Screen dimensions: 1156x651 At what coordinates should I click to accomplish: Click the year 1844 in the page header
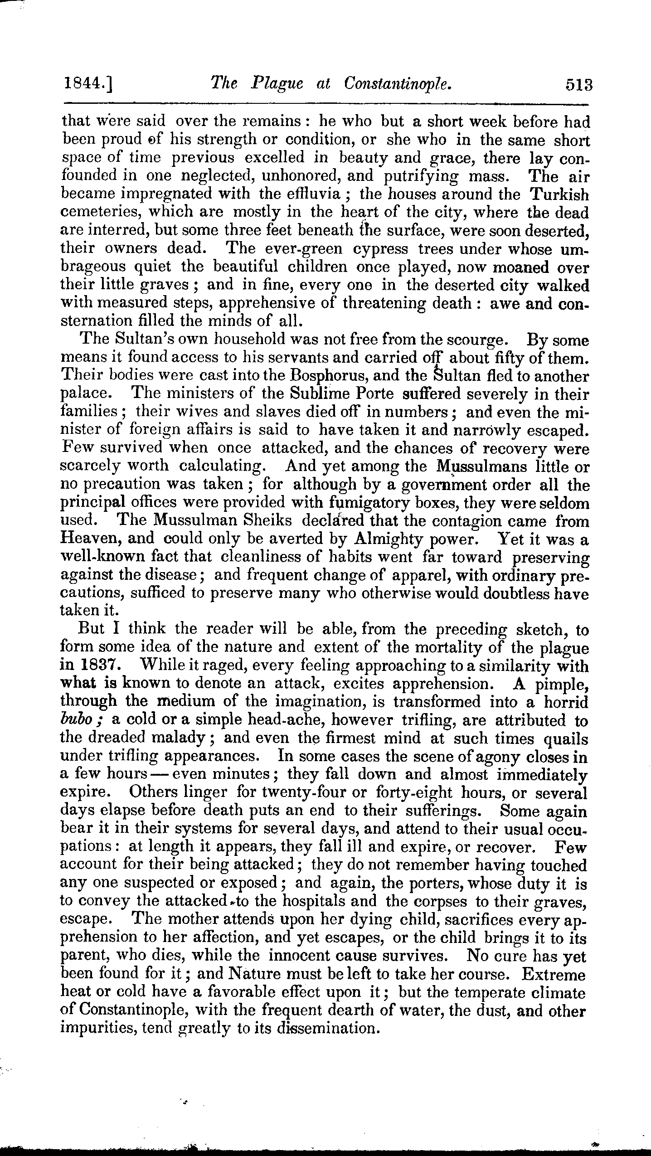(x=84, y=85)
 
